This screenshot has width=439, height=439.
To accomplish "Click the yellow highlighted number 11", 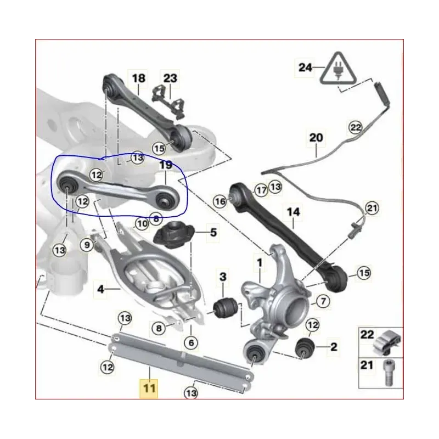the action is (149, 389).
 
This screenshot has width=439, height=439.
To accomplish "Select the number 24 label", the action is (305, 67).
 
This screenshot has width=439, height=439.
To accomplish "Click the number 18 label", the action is (138, 78).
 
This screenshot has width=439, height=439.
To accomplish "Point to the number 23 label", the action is (170, 78).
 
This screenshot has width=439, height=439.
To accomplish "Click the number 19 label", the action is (166, 165).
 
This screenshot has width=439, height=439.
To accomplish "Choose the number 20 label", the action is (316, 138).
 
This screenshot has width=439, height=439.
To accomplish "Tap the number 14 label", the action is (294, 212).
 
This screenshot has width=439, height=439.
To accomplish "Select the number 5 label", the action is (213, 232).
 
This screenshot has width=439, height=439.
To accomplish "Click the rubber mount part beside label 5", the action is (174, 234).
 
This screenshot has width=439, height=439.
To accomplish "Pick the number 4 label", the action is (100, 289).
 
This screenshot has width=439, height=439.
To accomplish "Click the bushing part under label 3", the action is (225, 308).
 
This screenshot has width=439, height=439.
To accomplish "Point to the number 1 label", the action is (260, 263).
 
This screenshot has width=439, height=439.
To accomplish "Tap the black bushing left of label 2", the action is (305, 348).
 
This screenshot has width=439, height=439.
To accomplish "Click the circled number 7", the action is (323, 301).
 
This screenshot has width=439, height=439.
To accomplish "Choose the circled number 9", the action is (87, 245).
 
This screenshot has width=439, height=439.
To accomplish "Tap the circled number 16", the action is (220, 201).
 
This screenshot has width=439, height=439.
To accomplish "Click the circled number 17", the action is (262, 190).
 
